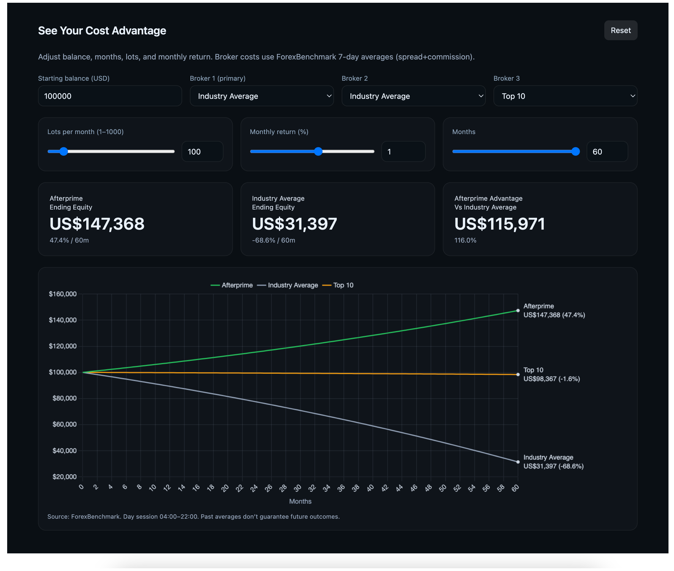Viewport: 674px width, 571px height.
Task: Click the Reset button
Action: [x=621, y=31]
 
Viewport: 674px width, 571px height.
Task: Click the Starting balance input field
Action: [x=110, y=96]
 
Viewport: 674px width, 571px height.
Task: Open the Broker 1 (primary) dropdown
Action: [x=261, y=96]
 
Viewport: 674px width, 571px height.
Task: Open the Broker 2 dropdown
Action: [x=414, y=96]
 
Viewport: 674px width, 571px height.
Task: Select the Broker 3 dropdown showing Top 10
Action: [x=565, y=96]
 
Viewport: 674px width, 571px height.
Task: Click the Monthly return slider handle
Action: [x=318, y=151]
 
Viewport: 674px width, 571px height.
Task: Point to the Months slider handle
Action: [x=576, y=151]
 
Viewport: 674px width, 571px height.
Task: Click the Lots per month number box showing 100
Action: [x=203, y=151]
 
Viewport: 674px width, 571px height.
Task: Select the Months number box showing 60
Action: [x=607, y=151]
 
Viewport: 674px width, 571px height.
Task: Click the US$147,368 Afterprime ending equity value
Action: [x=97, y=224]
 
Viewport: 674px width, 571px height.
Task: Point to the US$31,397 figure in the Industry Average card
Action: [x=295, y=224]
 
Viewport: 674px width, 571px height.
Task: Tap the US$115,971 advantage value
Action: [x=500, y=224]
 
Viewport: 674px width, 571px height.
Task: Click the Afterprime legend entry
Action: [x=232, y=285]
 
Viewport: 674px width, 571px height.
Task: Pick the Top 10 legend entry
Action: [x=338, y=285]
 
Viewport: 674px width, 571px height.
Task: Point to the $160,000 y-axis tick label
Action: [x=63, y=294]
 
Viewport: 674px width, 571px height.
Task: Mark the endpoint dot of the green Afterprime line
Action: [x=518, y=311]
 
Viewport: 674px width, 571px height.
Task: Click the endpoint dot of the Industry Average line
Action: [x=518, y=462]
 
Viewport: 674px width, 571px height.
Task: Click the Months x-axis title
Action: [x=300, y=501]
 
